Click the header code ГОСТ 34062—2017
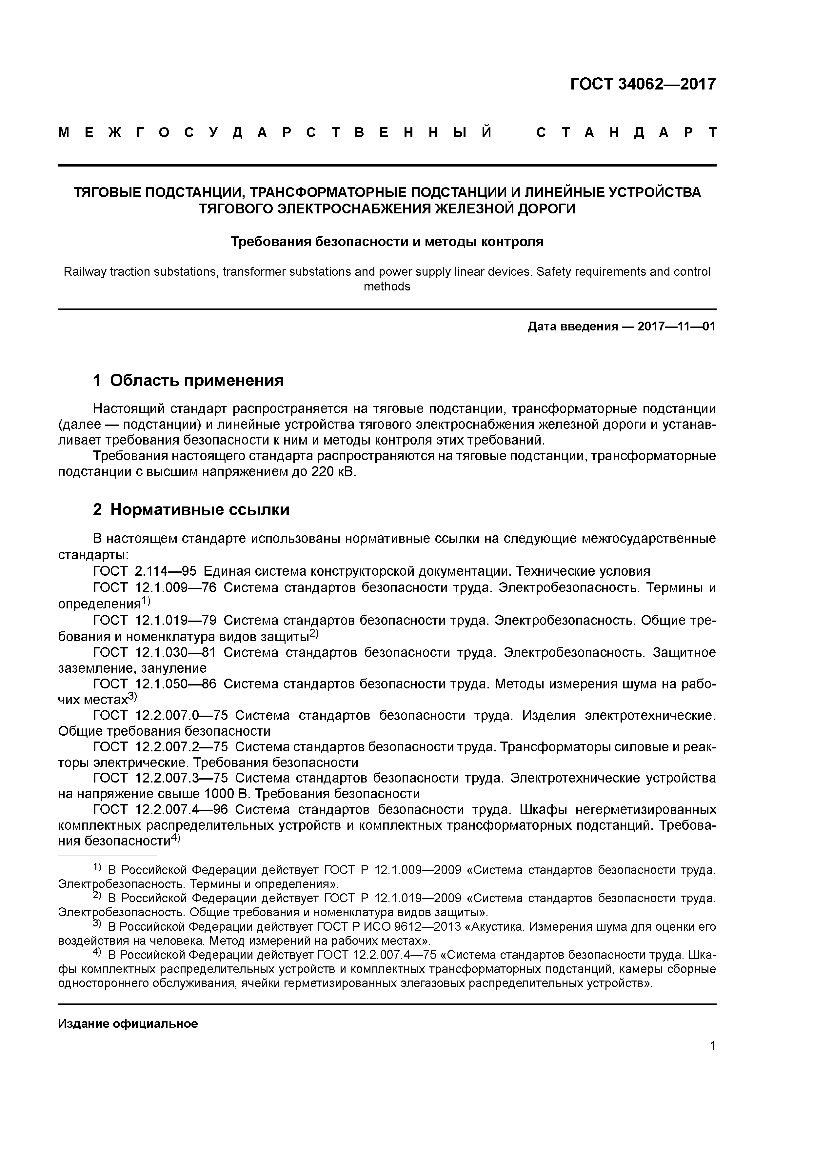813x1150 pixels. pyautogui.click(x=643, y=84)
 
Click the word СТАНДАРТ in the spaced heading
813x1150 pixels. pyautogui.click(x=626, y=133)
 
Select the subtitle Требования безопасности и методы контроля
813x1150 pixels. pyautogui.click(x=387, y=242)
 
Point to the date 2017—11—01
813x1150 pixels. pyautogui.click(x=676, y=327)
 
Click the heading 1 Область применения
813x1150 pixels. pyautogui.click(x=188, y=381)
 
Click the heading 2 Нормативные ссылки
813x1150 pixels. pyautogui.click(x=191, y=510)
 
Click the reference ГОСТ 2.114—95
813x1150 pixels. pyautogui.click(x=145, y=571)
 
